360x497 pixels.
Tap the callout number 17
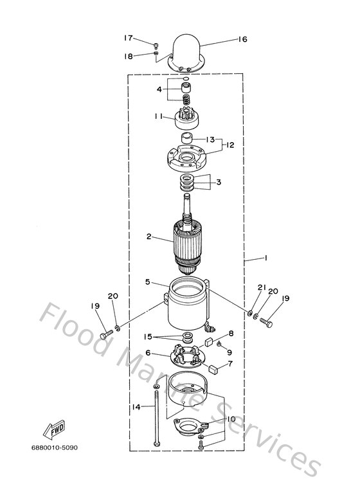coord(129,37)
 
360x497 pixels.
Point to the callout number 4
coord(159,89)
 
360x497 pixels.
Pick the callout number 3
coord(218,182)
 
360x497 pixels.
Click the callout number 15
coord(147,336)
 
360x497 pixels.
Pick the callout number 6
coord(148,352)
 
